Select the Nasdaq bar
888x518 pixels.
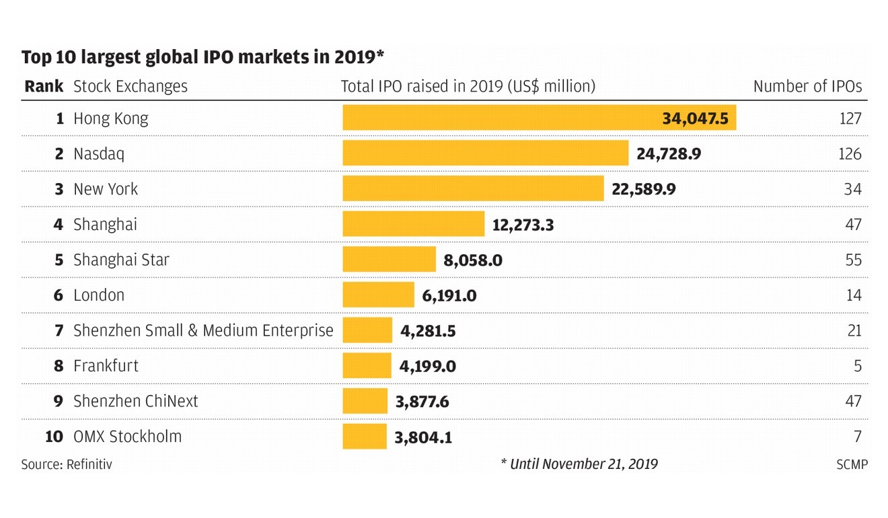coord(485,153)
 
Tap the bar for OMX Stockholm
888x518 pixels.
coord(365,437)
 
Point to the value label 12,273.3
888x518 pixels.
coord(523,225)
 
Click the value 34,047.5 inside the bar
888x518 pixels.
coord(695,118)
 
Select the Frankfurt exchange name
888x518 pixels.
coord(106,366)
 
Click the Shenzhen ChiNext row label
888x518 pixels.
coord(135,402)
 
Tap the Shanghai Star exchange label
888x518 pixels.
coord(121,260)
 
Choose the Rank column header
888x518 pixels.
coord(44,87)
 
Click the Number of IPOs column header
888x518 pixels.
coord(807,87)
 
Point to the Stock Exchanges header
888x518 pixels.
coord(131,87)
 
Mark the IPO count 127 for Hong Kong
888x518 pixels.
coord(850,118)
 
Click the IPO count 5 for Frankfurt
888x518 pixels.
coord(857,366)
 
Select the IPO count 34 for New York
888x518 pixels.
coord(852,189)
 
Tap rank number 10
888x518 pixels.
coord(54,437)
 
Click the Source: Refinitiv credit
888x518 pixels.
coord(67,464)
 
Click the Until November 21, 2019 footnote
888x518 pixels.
coord(579,464)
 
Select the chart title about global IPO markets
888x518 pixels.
coord(202,57)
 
